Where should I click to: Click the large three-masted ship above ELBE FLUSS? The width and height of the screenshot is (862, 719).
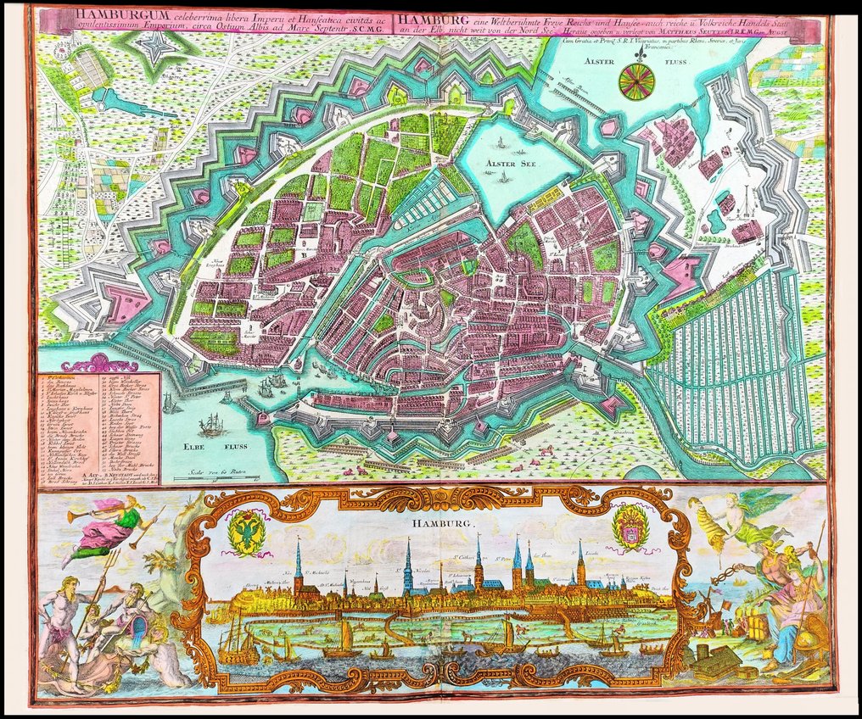point(211,423)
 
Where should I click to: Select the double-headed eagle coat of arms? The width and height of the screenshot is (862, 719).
point(246,532)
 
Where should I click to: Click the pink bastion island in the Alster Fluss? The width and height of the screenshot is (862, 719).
point(610,128)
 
